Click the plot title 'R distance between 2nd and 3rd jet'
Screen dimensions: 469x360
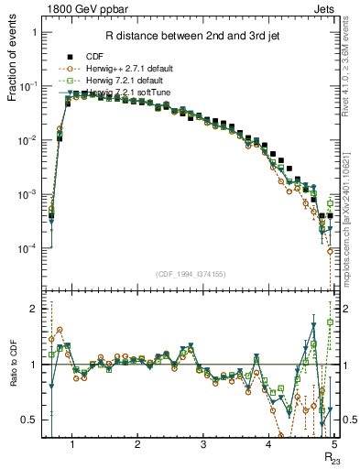click(189, 37)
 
